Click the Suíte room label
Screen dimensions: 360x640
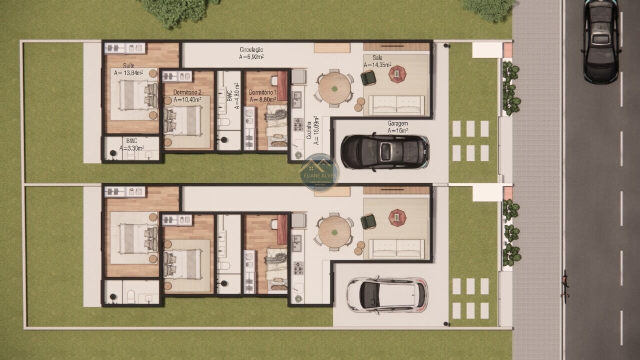click(x=128, y=65)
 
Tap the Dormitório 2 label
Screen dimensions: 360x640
click(x=187, y=92)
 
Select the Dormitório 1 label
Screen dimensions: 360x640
click(x=262, y=92)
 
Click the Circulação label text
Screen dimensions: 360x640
click(x=251, y=49)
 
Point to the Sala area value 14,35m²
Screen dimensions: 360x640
click(x=378, y=65)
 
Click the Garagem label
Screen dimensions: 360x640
click(x=398, y=123)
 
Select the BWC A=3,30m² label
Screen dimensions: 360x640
click(x=131, y=141)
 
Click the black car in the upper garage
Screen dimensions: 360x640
click(x=384, y=151)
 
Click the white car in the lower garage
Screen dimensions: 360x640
click(x=387, y=294)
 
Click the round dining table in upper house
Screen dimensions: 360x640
click(x=334, y=88)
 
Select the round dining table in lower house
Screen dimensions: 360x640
click(x=334, y=232)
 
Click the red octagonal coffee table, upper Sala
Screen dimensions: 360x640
click(x=397, y=74)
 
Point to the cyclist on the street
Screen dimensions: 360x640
click(x=565, y=285)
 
